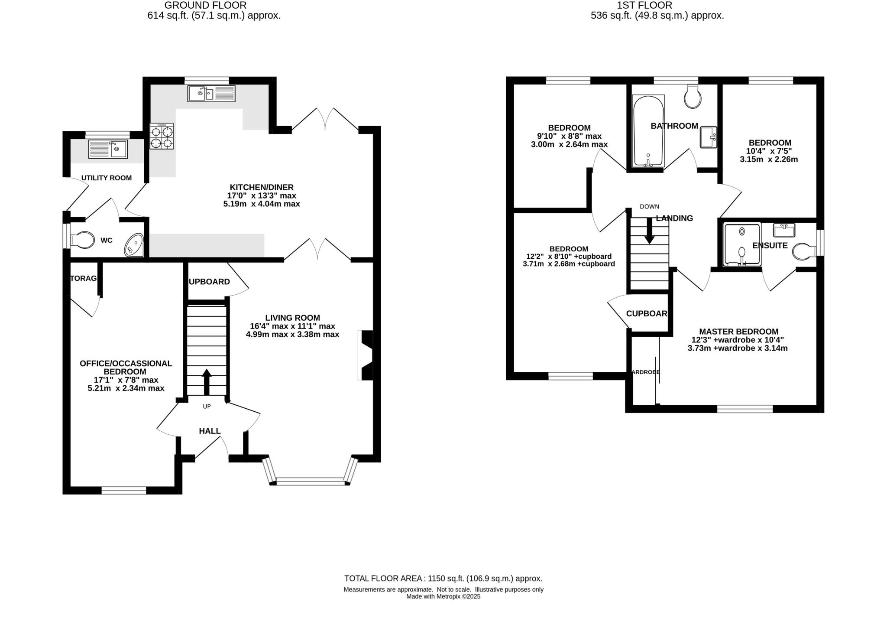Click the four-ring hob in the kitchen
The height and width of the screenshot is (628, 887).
point(162,137)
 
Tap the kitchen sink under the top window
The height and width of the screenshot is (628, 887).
point(211,94)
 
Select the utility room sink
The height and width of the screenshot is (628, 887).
point(108,149)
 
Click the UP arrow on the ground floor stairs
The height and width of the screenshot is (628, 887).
point(207,381)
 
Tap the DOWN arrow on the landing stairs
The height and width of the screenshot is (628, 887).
point(649,230)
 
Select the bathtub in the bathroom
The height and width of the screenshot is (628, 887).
point(648,131)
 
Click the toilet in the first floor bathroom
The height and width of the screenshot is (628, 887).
point(693,96)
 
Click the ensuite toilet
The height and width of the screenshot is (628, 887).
point(804,251)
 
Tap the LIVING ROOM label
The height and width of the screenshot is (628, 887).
point(293,318)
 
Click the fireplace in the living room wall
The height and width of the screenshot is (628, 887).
point(366,355)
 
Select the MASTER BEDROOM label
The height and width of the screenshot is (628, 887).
point(738,332)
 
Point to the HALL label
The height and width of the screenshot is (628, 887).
point(210,431)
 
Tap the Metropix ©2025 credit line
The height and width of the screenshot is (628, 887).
point(443,596)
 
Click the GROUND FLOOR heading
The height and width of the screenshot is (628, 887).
point(205,5)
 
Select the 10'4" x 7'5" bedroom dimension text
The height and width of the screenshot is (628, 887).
point(769,151)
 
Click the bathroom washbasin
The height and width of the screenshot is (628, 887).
point(709,137)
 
